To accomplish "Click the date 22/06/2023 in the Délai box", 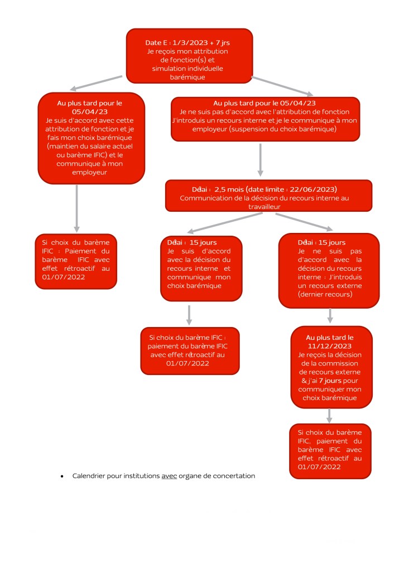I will click(x=318, y=189).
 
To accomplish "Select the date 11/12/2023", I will click(x=330, y=345).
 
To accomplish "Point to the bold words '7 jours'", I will click(x=331, y=380).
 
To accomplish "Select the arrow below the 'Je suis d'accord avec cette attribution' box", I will click(x=76, y=208).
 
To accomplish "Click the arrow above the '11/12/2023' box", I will click(x=330, y=316).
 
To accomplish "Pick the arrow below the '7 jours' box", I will click(x=330, y=415).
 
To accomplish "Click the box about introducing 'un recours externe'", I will click(x=329, y=270).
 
